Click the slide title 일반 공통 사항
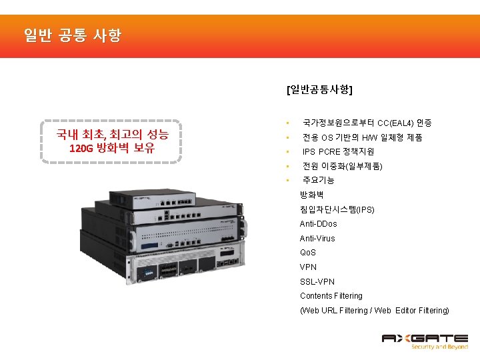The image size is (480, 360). coord(72,35)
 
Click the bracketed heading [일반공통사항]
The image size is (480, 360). coord(319,89)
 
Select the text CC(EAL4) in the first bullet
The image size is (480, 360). coord(395,123)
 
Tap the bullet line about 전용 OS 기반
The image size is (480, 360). coord(362,138)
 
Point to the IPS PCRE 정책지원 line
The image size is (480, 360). coord(338,152)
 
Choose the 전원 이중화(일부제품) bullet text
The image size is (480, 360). coord(342,166)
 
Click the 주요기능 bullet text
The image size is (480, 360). coord(319,180)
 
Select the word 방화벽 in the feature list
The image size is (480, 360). coord(311,195)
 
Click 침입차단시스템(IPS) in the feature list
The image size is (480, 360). coord(337,209)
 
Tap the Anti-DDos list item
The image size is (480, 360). coord(318,224)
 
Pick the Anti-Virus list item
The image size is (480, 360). coord(317,239)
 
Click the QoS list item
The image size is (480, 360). coord(308,253)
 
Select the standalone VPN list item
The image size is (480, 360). coord(308,267)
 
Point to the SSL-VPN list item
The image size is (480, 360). coord(316,281)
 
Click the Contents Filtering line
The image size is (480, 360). coord(331,296)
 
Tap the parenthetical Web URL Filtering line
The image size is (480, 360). coord(374,311)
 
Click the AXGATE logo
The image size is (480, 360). coord(424,341)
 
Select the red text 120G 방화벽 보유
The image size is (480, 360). coord(112,148)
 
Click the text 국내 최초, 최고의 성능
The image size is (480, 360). coord(112,134)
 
